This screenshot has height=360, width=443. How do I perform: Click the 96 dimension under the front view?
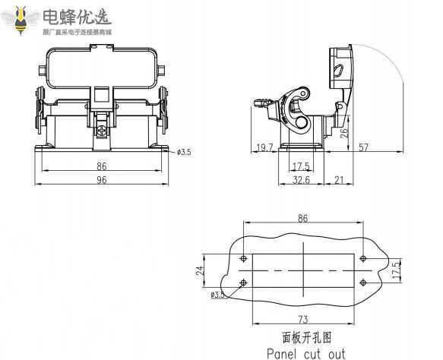pos(101,180)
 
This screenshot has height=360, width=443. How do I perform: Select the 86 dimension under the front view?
pos(101,166)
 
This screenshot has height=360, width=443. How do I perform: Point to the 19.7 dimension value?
pos(264,148)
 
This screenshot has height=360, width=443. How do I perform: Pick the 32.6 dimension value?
pos(301,180)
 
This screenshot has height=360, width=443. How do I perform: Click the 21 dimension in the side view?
pos(339,180)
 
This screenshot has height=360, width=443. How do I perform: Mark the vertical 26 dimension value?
pos(344,131)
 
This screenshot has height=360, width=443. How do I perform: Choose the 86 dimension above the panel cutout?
pos(302,218)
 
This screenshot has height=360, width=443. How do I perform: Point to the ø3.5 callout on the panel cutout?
pos(218,295)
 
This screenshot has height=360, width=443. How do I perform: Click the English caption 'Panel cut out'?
pos(305,353)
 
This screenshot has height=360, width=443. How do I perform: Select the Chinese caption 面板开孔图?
pos(302,335)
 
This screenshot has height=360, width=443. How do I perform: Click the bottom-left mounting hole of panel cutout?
pos(242,283)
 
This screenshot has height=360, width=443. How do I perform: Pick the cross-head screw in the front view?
pos(100,131)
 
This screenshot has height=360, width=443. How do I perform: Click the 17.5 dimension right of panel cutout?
pos(395,270)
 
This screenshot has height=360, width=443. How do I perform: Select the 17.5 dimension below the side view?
pos(301,166)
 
